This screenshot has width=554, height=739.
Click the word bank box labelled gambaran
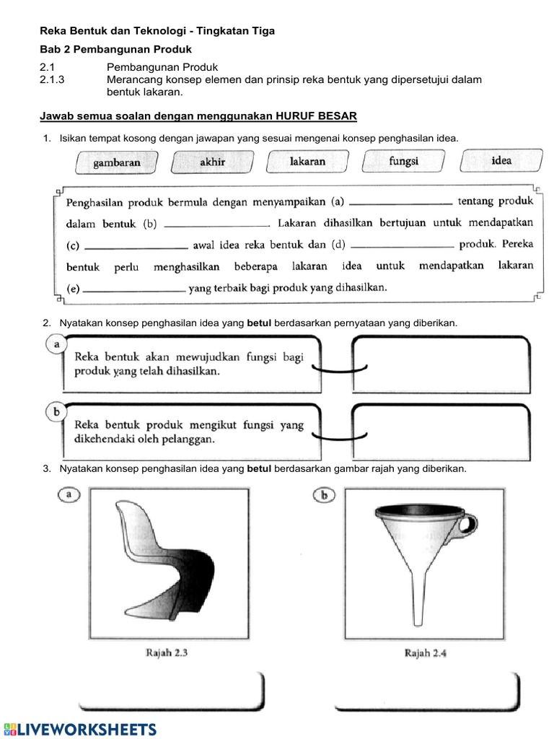(117, 162)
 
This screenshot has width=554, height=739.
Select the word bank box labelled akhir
(212, 162)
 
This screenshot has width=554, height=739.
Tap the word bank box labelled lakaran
(307, 161)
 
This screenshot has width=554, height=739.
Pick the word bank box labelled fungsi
(404, 161)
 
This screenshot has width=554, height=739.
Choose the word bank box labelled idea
(501, 160)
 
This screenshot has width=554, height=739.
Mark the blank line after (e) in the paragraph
(134, 290)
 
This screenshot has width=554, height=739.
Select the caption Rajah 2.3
(166, 653)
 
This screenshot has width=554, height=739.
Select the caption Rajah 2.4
(426, 653)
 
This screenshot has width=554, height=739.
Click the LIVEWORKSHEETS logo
(79, 728)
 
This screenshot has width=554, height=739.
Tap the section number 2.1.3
(53, 80)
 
